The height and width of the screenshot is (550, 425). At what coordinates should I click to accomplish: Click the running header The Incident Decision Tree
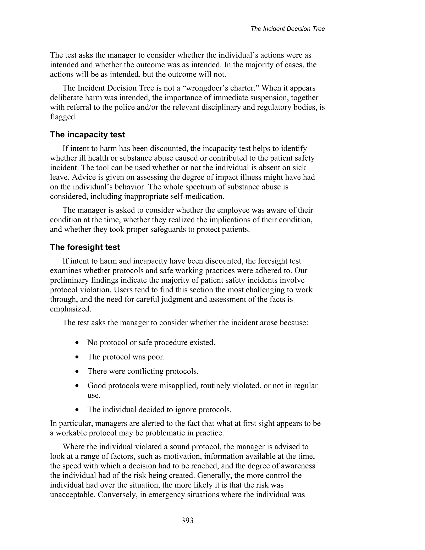(x=288, y=29)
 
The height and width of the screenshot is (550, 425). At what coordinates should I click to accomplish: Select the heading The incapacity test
(x=87, y=135)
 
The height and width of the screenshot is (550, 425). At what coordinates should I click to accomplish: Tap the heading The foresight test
(x=85, y=247)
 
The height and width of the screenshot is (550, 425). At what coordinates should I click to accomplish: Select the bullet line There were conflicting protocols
(x=143, y=371)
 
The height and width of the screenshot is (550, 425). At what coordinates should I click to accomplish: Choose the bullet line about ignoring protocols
(x=159, y=409)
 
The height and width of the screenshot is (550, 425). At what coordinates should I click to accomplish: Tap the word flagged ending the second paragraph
(x=63, y=117)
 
